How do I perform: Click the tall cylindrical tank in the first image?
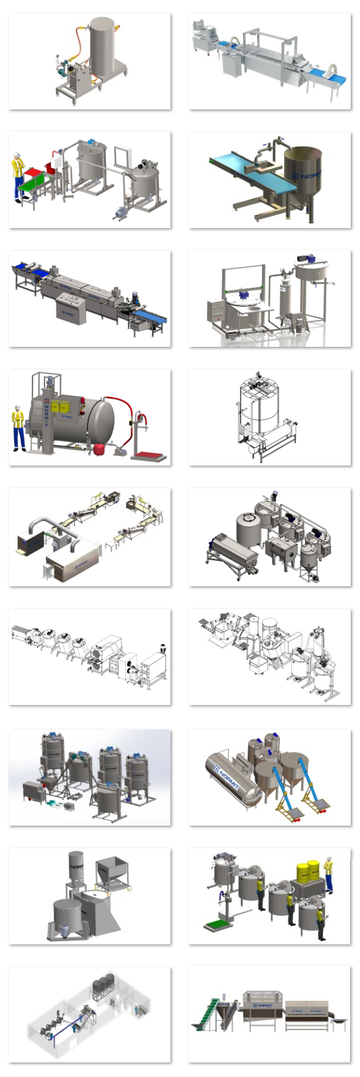pos(103,48)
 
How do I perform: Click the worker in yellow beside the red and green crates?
pos(18,174)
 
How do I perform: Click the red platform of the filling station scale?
pos(150,456)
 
